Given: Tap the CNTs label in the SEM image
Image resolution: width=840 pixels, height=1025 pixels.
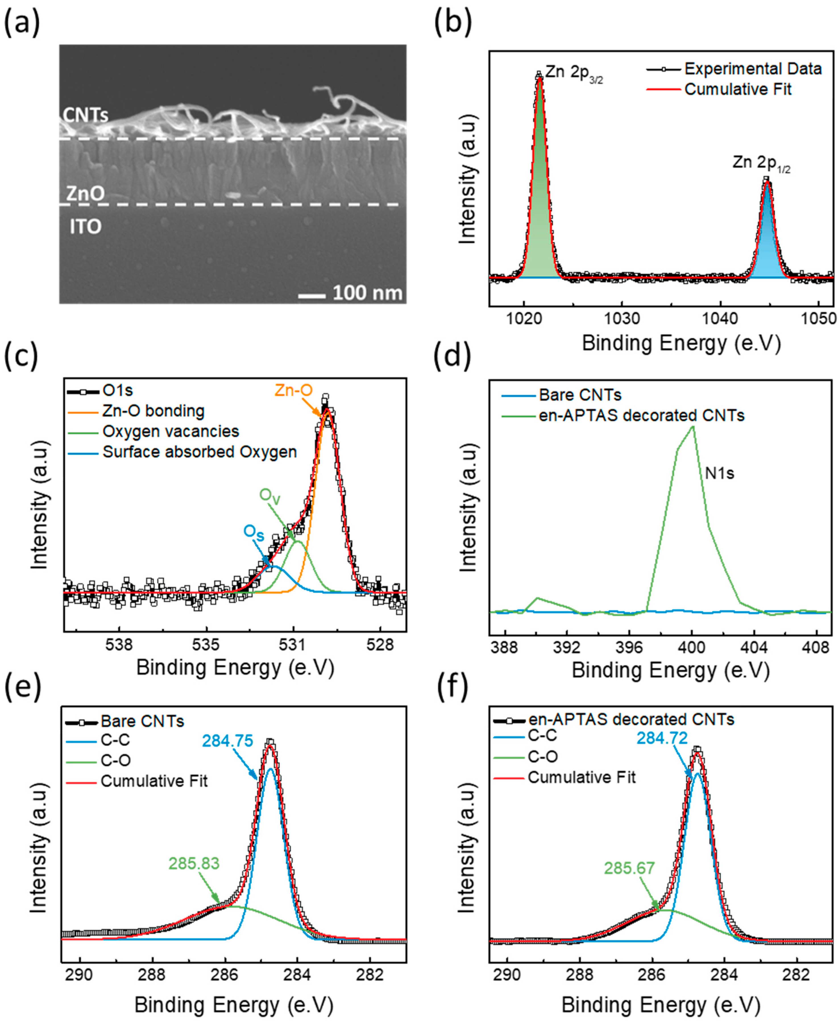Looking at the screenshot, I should point(85,115).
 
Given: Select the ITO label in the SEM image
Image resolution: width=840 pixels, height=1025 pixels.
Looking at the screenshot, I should point(86,227).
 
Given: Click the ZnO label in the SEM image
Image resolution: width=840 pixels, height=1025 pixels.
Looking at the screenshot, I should point(85,194).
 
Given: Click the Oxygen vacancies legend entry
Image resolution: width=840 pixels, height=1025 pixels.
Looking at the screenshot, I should point(171,431).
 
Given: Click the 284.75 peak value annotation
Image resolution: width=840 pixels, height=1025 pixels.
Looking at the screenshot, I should point(227,741).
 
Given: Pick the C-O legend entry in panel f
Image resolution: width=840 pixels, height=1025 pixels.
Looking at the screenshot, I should point(542,756).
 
